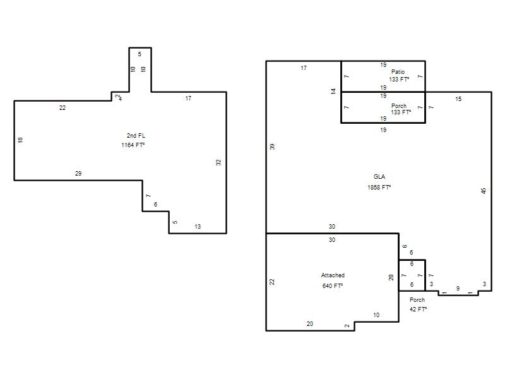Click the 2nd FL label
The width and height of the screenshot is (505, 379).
pyautogui.click(x=136, y=136)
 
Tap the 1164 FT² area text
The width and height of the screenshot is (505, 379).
pyautogui.click(x=133, y=145)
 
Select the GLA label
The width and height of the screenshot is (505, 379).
pyautogui.click(x=379, y=177)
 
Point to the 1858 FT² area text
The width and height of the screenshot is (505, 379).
pyautogui.click(x=379, y=187)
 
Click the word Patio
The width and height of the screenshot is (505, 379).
pyautogui.click(x=398, y=71)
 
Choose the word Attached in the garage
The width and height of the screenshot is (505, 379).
pyautogui.click(x=333, y=275)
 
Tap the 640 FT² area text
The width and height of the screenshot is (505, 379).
pyautogui.click(x=333, y=286)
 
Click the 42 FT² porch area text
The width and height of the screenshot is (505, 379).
pyautogui.click(x=419, y=309)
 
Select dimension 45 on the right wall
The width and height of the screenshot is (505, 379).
pyautogui.click(x=484, y=191)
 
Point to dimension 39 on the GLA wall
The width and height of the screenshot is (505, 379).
pyautogui.click(x=272, y=147)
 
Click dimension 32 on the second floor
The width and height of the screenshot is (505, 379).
pyautogui.click(x=218, y=163)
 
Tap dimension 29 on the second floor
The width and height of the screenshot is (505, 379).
pyautogui.click(x=78, y=173)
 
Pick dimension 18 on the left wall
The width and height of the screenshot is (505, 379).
pyautogui.click(x=20, y=140)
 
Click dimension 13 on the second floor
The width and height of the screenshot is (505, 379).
pyautogui.click(x=198, y=227)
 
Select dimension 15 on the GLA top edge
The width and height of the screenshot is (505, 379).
pyautogui.click(x=458, y=99)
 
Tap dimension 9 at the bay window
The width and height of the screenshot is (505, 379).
pyautogui.click(x=458, y=289)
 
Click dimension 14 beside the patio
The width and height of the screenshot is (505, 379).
pyautogui.click(x=333, y=91)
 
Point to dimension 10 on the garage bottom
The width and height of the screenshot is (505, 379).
pyautogui.click(x=376, y=315)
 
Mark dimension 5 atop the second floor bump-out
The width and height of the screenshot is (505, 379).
pyautogui.click(x=140, y=54)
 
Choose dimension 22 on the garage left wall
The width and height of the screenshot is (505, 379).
pyautogui.click(x=272, y=282)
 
